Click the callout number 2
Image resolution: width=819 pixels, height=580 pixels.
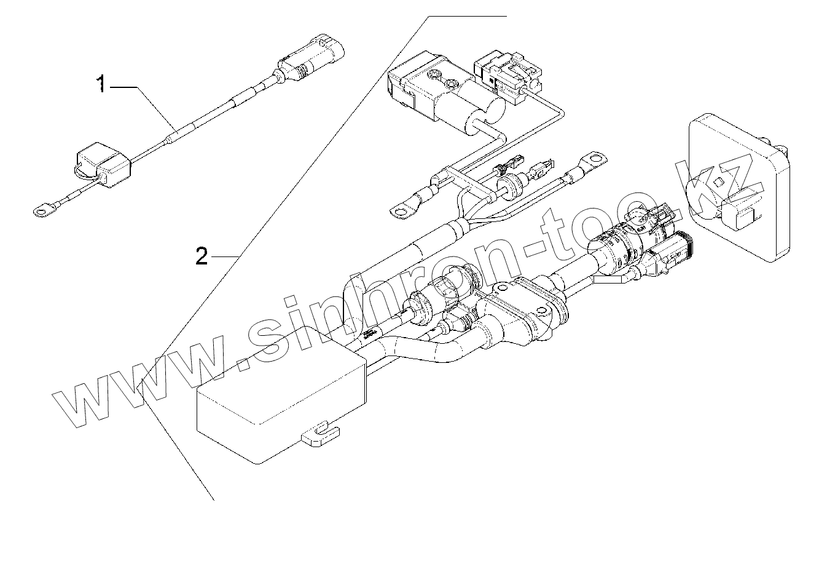pos(202,255)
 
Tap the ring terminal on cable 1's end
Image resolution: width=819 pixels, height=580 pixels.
pos(41,213)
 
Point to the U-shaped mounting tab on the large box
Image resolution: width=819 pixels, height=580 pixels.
pos(321,434)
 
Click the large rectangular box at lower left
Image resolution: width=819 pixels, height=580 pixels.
pos(280,407)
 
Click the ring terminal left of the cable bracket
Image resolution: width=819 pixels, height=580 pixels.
pos(401,212)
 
